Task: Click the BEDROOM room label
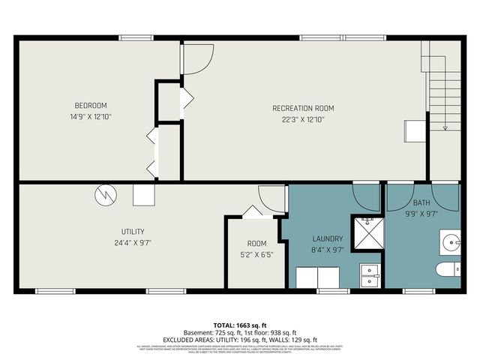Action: coord(91,105)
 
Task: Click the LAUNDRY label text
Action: coord(328,238)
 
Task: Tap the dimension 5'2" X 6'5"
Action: coord(257,254)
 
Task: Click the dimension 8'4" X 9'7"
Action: coord(328,250)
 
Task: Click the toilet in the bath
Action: coord(448,271)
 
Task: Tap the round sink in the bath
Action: coord(450,244)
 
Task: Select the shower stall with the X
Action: coord(367,233)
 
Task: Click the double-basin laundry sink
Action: coord(370,276)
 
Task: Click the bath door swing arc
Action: coord(402,196)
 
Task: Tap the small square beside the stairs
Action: coord(413,130)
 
